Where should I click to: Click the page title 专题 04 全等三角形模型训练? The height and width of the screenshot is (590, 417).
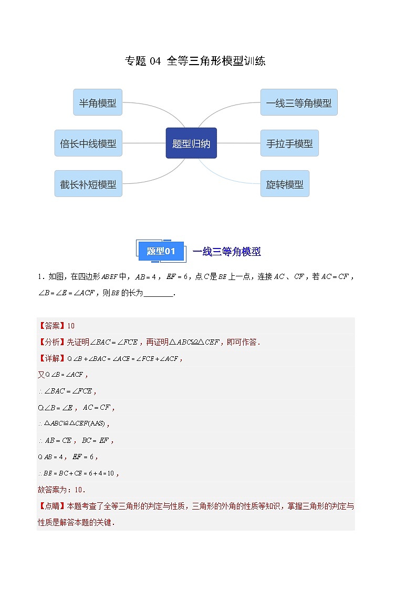pyautogui.click(x=195, y=61)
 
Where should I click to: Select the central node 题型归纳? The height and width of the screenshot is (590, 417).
pyautogui.click(x=191, y=143)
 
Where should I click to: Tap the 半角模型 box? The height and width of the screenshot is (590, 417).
pyautogui.click(x=98, y=102)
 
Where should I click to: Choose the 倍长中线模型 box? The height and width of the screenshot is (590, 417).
pyautogui.click(x=88, y=143)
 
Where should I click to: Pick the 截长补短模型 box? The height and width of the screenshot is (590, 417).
pyautogui.click(x=88, y=184)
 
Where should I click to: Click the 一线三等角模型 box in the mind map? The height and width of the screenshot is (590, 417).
pyautogui.click(x=299, y=102)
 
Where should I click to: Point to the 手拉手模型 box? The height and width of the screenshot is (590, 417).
pyautogui.click(x=289, y=143)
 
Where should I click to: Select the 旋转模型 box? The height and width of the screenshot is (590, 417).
pyautogui.click(x=285, y=184)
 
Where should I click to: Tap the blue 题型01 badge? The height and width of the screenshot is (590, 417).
pyautogui.click(x=161, y=251)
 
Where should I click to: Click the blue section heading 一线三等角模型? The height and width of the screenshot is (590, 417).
pyautogui.click(x=226, y=252)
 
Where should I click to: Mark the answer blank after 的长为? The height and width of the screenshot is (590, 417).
pyautogui.click(x=158, y=293)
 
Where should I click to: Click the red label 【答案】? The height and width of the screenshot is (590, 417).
pyautogui.click(x=50, y=326)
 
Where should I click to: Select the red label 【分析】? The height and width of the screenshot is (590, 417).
pyautogui.click(x=50, y=342)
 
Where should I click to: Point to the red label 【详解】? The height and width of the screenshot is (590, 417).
pyautogui.click(x=50, y=358)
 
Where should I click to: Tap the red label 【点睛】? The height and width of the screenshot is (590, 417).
pyautogui.click(x=50, y=506)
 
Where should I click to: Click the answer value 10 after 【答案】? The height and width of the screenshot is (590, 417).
pyautogui.click(x=71, y=326)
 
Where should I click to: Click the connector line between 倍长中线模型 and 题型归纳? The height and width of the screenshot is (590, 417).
pyautogui.click(x=144, y=143)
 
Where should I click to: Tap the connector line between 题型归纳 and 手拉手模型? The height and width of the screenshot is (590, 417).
pyautogui.click(x=238, y=143)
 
